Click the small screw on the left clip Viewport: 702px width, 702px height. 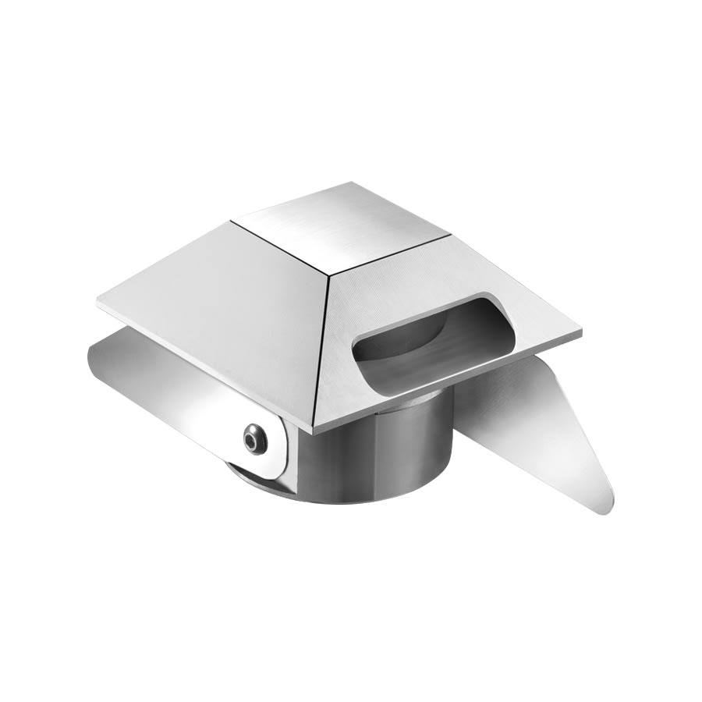(x=254, y=439)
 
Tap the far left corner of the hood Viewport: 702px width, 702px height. (x=99, y=303)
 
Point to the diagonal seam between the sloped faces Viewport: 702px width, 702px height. (x=322, y=351)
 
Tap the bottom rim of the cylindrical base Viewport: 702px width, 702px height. (x=367, y=499)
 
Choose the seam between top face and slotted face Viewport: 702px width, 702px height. (x=390, y=253)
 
